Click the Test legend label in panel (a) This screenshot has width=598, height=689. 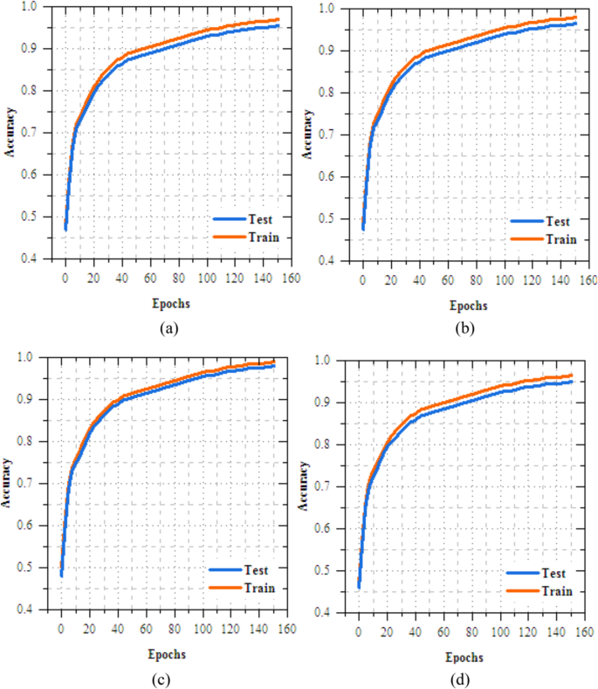pyautogui.click(x=260, y=221)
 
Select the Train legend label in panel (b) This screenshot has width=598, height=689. pyautogui.click(x=560, y=238)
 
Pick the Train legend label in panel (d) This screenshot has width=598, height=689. pyautogui.click(x=555, y=591)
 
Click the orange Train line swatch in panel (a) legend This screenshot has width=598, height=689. pyautogui.click(x=224, y=237)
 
